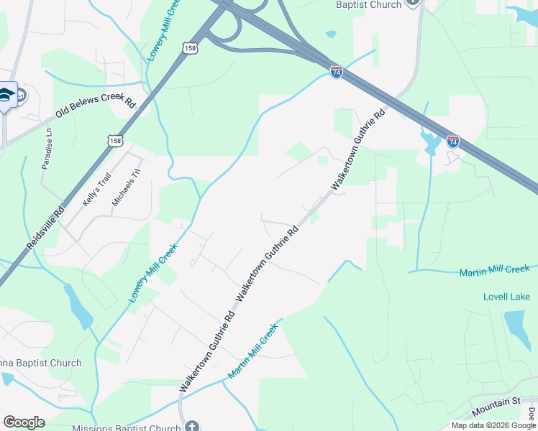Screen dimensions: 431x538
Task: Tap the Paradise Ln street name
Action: point(47,149)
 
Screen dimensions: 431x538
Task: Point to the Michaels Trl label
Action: point(124,188)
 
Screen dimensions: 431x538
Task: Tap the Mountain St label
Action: point(496,407)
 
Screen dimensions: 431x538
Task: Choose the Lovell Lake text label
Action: point(506,297)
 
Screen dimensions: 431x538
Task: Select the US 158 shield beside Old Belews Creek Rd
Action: point(117,141)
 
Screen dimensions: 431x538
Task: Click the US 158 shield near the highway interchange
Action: point(190,48)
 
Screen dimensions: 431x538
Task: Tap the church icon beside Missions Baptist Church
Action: point(191,427)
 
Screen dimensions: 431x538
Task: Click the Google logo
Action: point(24,422)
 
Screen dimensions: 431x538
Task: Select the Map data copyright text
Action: point(493,425)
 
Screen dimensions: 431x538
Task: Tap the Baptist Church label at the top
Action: point(369,4)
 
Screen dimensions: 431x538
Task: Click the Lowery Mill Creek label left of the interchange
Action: point(162,32)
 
